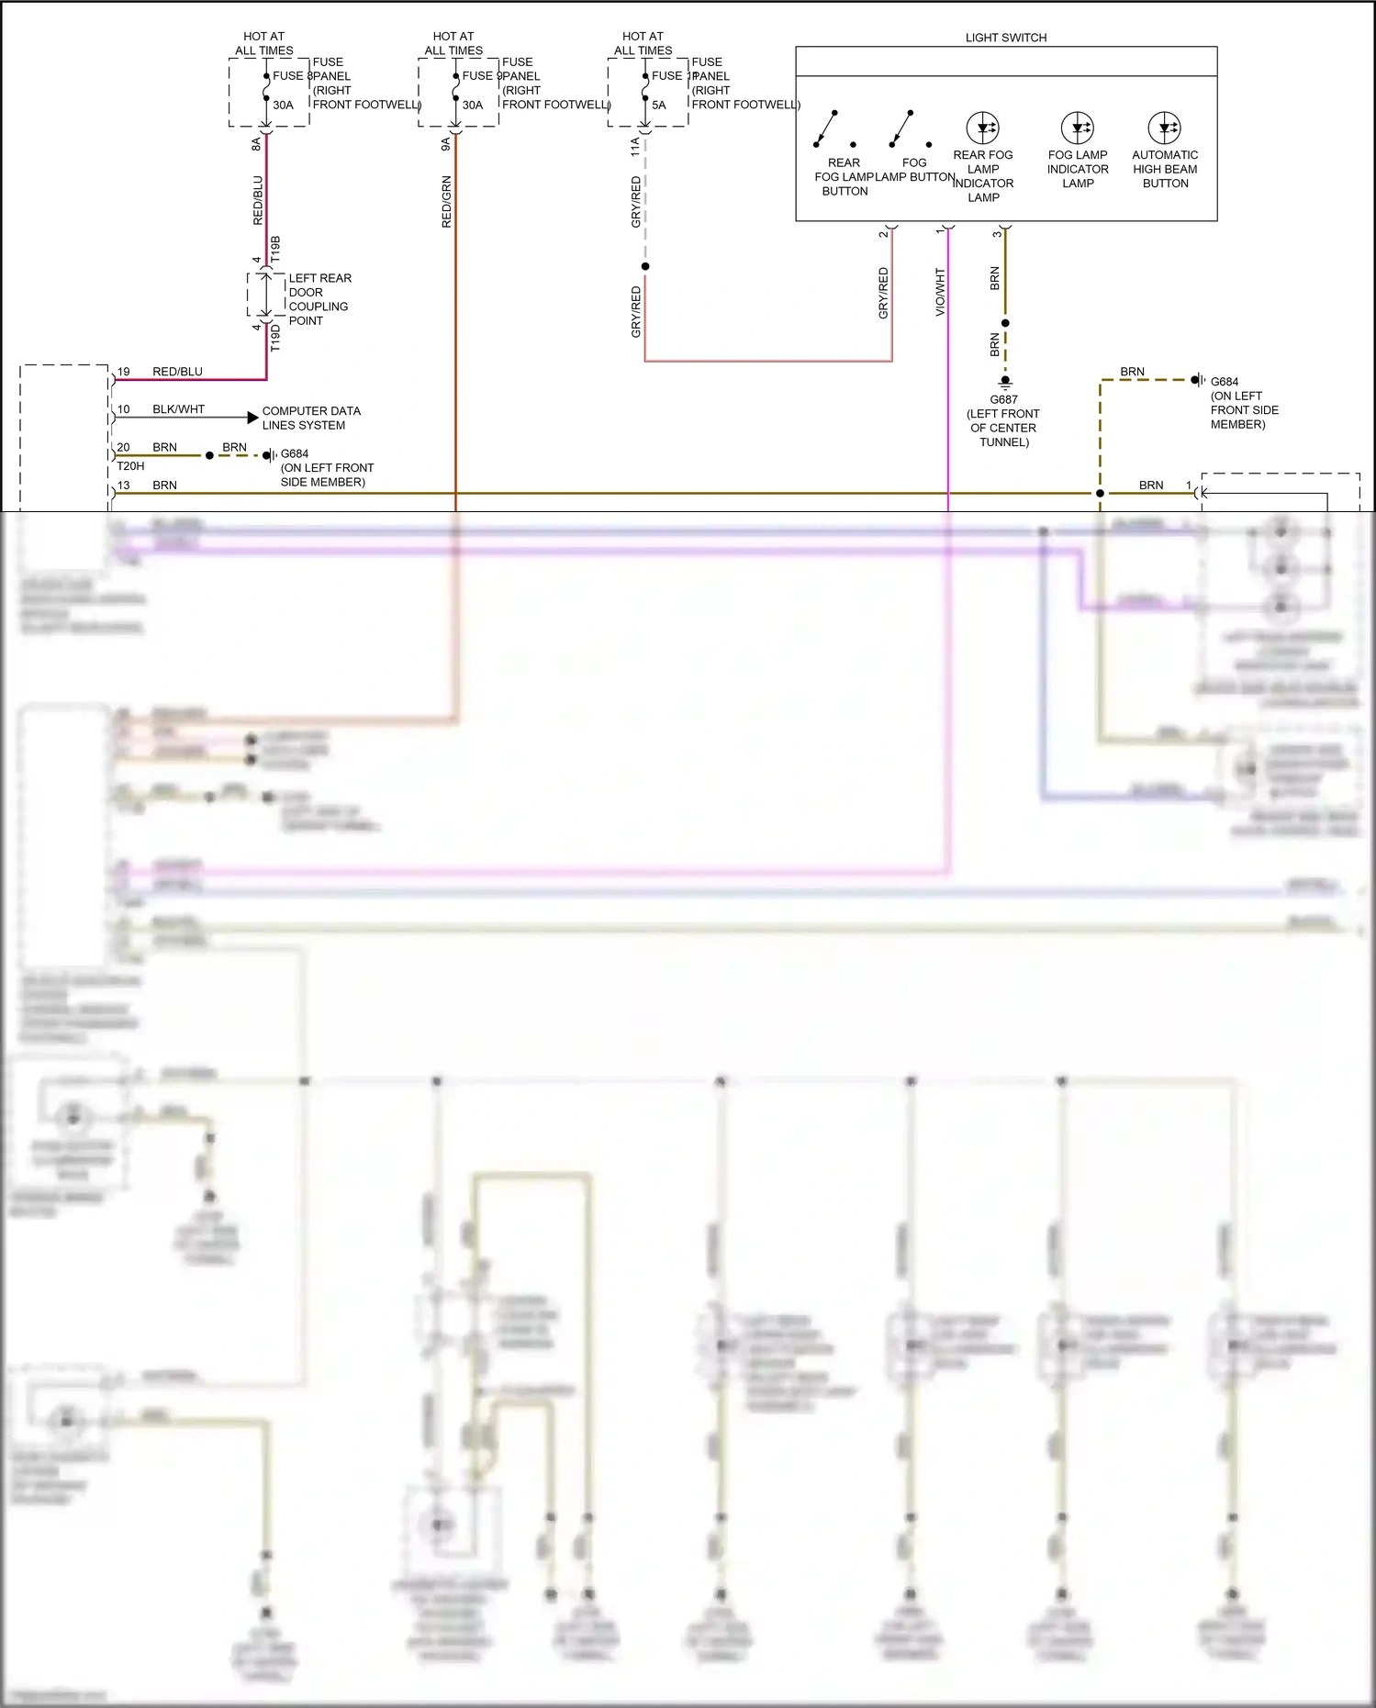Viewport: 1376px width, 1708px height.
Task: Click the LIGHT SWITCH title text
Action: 1005,38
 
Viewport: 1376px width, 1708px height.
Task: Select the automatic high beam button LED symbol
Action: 1164,128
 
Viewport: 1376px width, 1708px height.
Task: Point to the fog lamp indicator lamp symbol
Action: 1077,128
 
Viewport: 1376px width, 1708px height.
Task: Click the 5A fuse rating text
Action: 658,105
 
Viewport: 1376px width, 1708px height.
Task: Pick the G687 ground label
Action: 1002,399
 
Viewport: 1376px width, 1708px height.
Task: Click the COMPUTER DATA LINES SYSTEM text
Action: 310,418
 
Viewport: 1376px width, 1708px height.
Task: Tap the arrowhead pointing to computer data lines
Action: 252,418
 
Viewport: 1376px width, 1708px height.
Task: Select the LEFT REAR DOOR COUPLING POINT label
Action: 319,299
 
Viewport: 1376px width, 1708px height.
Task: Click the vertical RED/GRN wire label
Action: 446,202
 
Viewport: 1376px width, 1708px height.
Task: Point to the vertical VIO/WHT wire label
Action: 940,292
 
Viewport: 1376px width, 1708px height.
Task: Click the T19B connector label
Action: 275,250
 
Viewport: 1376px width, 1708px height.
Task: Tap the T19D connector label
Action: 275,338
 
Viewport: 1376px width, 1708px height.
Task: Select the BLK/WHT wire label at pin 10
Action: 178,409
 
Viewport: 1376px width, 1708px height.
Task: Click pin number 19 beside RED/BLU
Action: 123,372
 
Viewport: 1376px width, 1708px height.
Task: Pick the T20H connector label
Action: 130,466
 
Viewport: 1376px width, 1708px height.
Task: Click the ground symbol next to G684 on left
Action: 269,455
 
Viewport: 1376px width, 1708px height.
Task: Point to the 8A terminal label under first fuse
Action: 256,144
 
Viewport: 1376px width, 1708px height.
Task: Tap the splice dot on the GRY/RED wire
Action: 645,266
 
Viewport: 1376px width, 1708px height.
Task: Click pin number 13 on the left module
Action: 123,486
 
